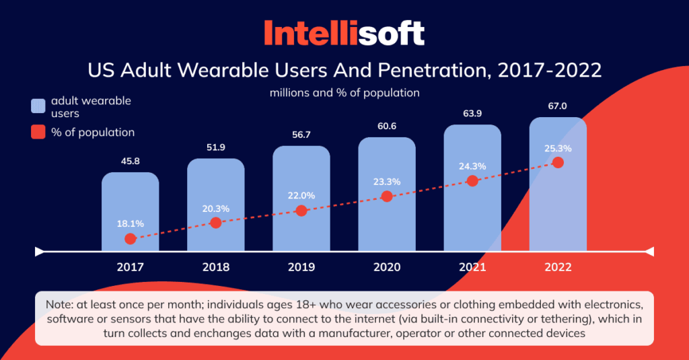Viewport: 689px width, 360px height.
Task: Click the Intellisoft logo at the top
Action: [x=344, y=32]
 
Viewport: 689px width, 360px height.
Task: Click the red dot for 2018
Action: [x=215, y=223]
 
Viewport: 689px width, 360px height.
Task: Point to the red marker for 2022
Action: [x=557, y=162]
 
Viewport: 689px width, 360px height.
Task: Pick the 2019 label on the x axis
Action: [x=301, y=267]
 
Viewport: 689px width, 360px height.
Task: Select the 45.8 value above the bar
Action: [x=130, y=161]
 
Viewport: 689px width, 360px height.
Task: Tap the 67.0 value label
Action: [x=557, y=106]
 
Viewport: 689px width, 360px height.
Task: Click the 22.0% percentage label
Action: [x=301, y=195]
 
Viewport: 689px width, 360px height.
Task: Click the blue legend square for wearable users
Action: [x=38, y=106]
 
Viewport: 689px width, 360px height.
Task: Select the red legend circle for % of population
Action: [x=38, y=133]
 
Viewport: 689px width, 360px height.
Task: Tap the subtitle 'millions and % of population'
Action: [x=344, y=93]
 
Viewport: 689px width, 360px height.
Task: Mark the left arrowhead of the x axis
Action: [x=39, y=252]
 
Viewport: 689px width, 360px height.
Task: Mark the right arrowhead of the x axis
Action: [x=649, y=252]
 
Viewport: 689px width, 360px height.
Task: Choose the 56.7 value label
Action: [x=301, y=134]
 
